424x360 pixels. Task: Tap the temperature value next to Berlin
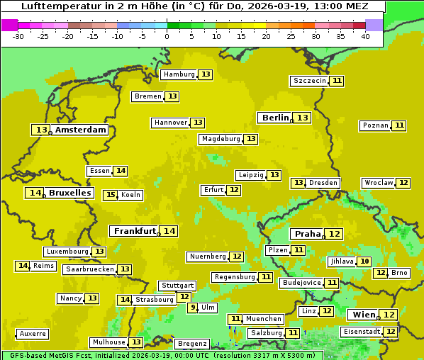[x=303, y=118]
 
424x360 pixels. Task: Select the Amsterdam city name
[x=81, y=130]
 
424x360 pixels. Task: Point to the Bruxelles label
[x=69, y=193]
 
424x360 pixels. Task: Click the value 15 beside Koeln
[x=110, y=195]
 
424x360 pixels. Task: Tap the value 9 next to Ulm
[x=193, y=308]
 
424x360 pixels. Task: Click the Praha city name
[x=308, y=234]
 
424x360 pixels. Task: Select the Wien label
[x=364, y=315]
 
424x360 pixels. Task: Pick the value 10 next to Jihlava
[x=364, y=261]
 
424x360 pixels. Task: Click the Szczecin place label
[x=310, y=81]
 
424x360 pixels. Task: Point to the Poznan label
[x=375, y=125]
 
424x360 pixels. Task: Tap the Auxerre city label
[x=33, y=334]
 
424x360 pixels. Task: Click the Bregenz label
[x=192, y=344]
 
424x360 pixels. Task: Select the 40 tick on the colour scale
[x=365, y=36]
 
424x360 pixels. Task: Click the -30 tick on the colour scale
[x=18, y=36]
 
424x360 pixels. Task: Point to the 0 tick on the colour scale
[x=167, y=36]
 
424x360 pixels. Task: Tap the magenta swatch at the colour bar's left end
[x=9, y=25]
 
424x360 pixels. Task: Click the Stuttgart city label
[x=177, y=286]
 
